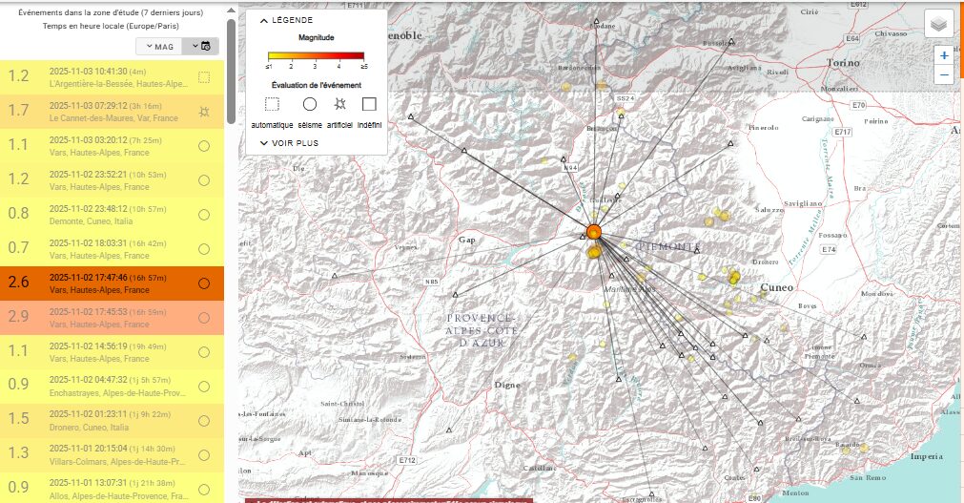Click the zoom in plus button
point(944,55)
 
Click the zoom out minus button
point(944,74)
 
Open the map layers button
point(939,24)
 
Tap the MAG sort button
point(158,46)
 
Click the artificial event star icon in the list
point(204,113)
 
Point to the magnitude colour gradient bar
point(316,55)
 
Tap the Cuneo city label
point(777,286)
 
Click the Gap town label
point(466,240)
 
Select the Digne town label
point(506,385)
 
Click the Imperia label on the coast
point(926,456)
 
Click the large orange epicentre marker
point(593,232)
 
